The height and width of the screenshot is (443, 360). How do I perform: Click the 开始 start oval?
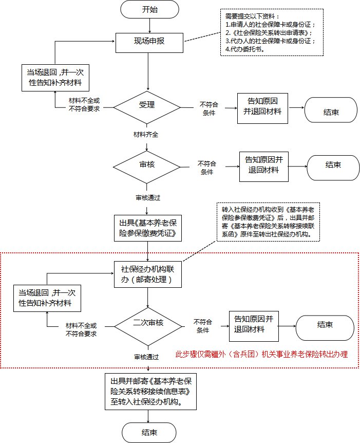(149, 9)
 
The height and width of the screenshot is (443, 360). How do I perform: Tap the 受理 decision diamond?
(147, 106)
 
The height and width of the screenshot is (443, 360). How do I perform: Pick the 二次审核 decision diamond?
(148, 323)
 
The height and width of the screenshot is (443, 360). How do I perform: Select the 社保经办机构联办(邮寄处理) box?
(148, 274)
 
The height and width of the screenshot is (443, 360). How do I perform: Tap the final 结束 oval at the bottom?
(149, 432)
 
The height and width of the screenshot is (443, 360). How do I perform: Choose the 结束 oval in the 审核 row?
(333, 165)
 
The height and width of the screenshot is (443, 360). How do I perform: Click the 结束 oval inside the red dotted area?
(325, 325)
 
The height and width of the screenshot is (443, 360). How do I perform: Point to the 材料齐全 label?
(146, 135)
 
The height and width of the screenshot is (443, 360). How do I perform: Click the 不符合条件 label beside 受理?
(209, 108)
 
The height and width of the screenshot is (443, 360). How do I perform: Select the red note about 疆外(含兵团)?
(262, 354)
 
